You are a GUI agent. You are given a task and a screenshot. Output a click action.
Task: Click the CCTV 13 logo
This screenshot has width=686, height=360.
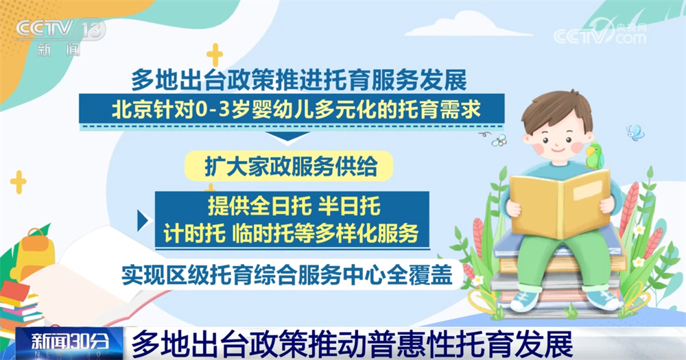[61, 37]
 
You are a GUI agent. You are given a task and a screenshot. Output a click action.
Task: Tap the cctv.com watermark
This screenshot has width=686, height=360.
[600, 32]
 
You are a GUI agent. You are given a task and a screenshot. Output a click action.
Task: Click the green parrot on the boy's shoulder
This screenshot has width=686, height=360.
[594, 155]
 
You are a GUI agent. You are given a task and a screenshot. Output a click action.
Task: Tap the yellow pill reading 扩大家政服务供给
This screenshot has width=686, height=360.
[289, 166]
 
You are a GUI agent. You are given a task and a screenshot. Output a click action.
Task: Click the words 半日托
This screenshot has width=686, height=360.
[348, 206]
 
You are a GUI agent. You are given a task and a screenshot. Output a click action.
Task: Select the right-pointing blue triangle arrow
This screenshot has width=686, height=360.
[143, 221]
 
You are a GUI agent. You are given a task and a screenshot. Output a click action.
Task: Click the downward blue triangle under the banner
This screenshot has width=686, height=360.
[287, 137]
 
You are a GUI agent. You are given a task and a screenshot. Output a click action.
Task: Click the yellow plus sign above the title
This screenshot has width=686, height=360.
[214, 55]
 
